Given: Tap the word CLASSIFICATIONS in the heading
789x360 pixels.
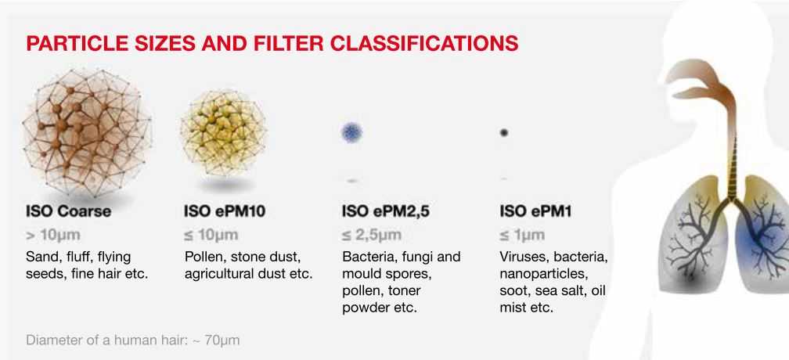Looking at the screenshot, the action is pos(423,43).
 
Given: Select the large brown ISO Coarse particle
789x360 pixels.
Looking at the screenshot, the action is pos(87,132).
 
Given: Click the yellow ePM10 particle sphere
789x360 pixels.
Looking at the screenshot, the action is pos(223,133).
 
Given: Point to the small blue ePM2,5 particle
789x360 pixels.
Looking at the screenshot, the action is pos(351,133).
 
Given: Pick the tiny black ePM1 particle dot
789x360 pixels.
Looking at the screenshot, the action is pos(504,133).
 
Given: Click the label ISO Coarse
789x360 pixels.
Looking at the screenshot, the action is pos(68,211).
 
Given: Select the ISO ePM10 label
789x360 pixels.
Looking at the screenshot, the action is pos(225,211).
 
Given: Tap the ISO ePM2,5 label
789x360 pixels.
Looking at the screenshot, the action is pos(386,211).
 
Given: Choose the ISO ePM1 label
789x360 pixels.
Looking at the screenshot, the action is pos(535,211).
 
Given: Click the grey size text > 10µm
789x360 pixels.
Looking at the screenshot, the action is pos(53,235).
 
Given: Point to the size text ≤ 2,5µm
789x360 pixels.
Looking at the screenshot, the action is pos(372,235).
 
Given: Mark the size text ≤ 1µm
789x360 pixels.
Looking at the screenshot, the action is pos(522,235).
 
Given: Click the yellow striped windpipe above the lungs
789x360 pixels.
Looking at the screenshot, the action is pos(733,166).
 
